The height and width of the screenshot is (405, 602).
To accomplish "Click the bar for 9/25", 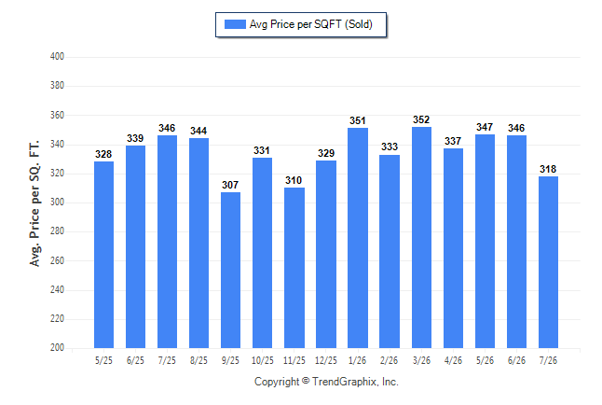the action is pos(230,270).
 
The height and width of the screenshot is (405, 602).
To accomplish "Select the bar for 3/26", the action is pos(421,237).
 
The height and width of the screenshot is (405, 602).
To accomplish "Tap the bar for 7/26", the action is pos(548,262).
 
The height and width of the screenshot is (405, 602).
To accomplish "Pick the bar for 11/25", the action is pos(294,268).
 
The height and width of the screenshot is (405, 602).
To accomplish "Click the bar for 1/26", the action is pos(358,238).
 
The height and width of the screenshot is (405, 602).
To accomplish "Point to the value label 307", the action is pos(230,185).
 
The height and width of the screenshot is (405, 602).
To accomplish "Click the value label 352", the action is pos(421,119).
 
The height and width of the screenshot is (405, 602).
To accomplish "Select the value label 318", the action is pos(548,169).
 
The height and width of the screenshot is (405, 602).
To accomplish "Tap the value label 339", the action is pos(135,138).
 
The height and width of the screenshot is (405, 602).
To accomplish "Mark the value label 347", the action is pos(485,127).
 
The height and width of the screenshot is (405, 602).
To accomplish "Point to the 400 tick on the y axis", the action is pos(57,57).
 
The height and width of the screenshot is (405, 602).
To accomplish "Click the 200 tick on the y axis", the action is pos(57,347).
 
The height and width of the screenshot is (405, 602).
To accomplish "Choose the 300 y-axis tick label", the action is pos(57,202).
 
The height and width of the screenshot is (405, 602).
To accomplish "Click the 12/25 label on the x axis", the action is pos(326,360).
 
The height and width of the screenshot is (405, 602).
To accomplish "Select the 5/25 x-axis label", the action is pos(103,360).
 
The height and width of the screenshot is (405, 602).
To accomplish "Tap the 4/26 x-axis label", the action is pos(453,360).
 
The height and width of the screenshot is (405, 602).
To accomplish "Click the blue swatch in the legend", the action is pos(235,24).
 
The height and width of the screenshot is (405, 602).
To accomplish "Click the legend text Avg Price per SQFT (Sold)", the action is pos(311,24).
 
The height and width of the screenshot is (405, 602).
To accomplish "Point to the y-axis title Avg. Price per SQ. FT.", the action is pos(34,203).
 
